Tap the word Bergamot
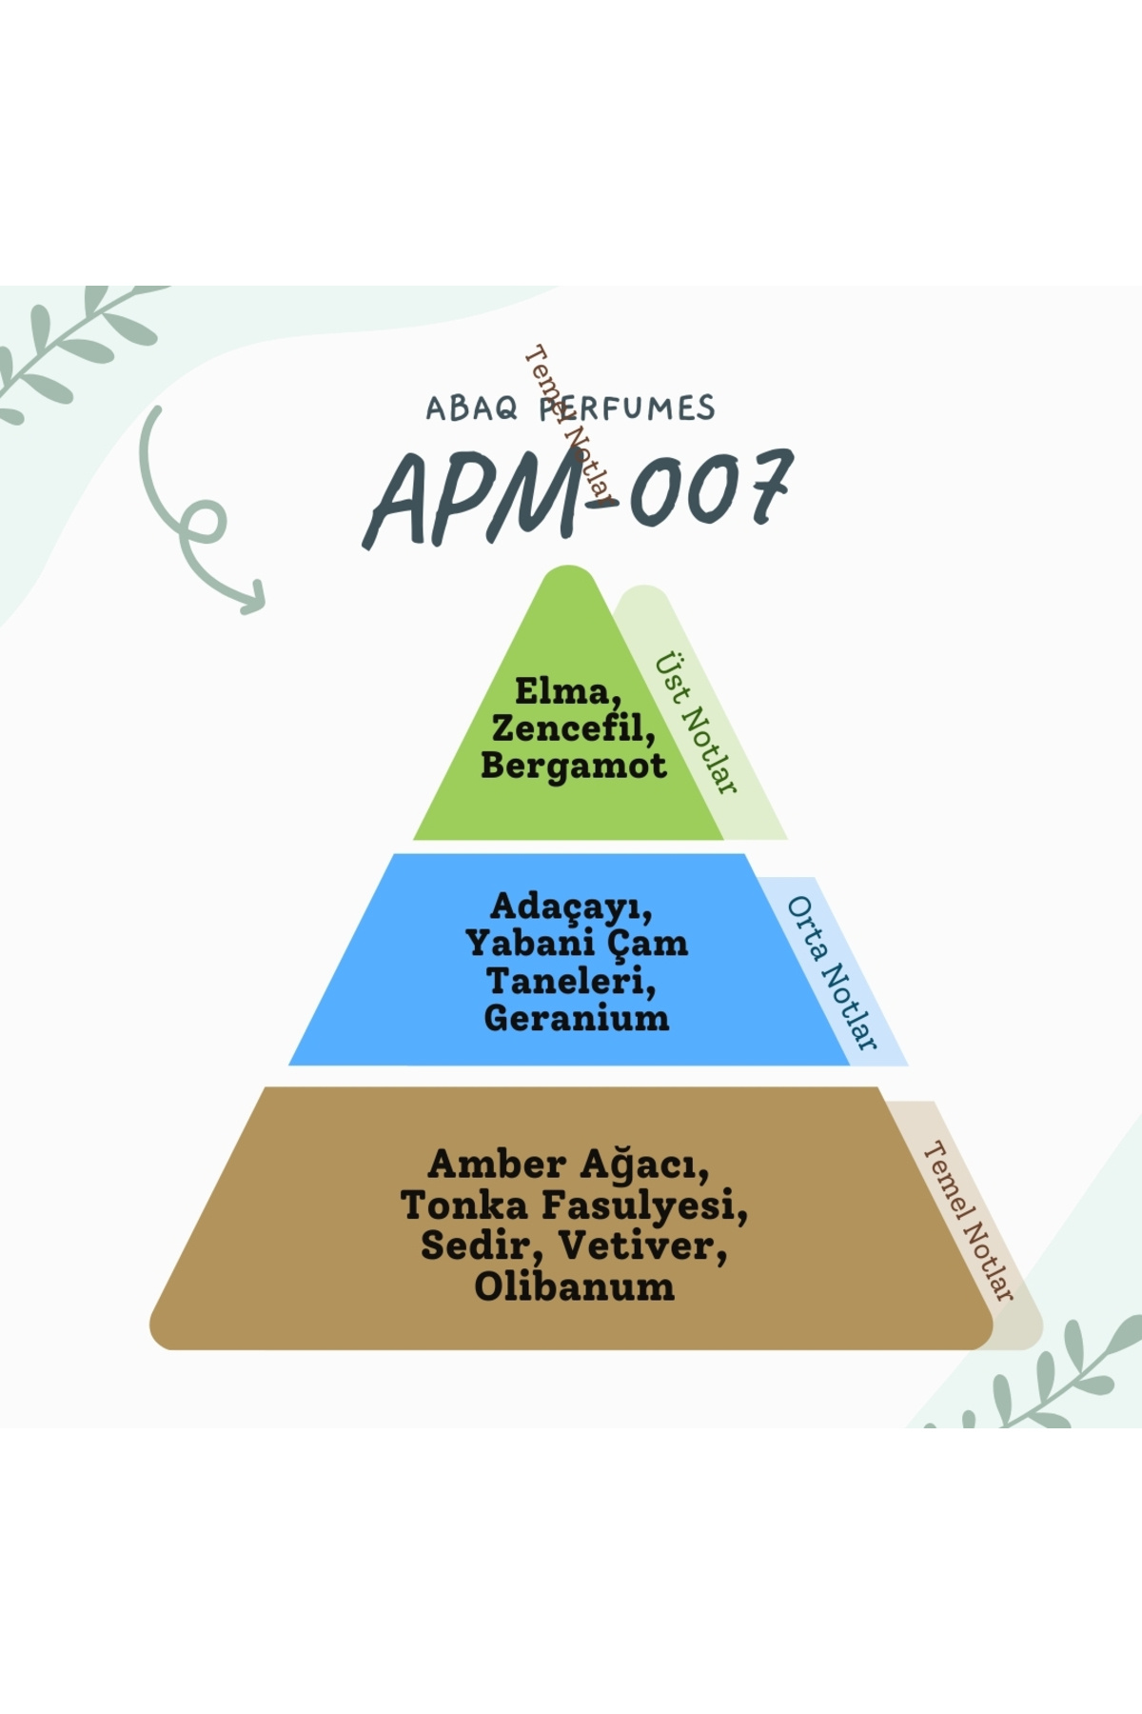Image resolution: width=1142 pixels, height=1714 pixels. pyautogui.click(x=573, y=766)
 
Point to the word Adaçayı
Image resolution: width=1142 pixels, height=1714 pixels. pyautogui.click(x=571, y=907)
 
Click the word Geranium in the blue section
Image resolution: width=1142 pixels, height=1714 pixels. pyautogui.click(x=576, y=1018)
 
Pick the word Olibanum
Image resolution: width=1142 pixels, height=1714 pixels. pyautogui.click(x=574, y=1286)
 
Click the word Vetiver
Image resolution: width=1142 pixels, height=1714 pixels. pyautogui.click(x=642, y=1246)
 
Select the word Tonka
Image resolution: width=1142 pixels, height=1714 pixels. pyautogui.click(x=464, y=1206)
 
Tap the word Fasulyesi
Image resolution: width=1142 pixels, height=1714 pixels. pyautogui.click(x=644, y=1206)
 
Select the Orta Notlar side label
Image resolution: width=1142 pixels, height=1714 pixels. pyautogui.click(x=831, y=973)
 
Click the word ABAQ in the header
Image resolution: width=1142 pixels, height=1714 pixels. pyautogui.click(x=471, y=409)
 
